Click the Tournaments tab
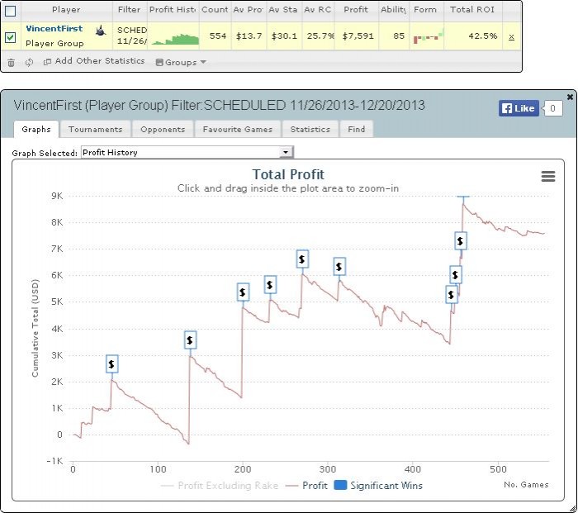[x=95, y=129]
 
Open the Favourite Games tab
[x=239, y=129]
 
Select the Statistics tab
[x=310, y=129]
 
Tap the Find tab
[x=356, y=129]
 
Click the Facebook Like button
[x=519, y=108]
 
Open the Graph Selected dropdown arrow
[x=286, y=152]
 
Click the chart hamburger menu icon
[x=547, y=176]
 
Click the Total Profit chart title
[x=287, y=174]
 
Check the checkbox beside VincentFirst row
[x=11, y=36]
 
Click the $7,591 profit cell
[x=356, y=36]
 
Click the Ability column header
[x=392, y=10]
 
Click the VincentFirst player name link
[x=54, y=29]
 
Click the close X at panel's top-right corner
[x=570, y=97]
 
